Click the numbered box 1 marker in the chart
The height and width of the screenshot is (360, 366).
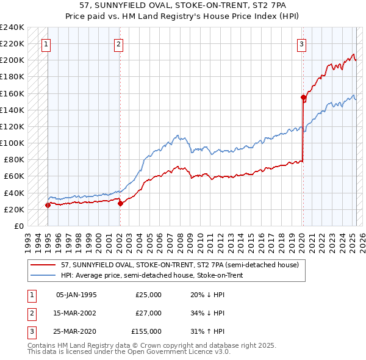coord(47,44)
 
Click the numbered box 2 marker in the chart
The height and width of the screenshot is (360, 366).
coord(118,44)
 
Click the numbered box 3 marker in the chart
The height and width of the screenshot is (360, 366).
coord(302,44)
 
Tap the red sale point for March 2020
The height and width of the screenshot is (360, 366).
coord(303,97)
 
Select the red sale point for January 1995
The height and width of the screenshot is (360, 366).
coord(48,205)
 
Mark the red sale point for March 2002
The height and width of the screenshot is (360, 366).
coord(120,204)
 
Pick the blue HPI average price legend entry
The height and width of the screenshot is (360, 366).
coord(152,275)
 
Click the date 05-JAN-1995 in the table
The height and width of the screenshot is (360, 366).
coord(76,294)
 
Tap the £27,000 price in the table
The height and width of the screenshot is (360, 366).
coord(148,313)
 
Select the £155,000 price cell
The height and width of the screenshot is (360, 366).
coord(146,332)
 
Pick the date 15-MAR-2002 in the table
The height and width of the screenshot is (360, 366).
coord(76,313)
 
